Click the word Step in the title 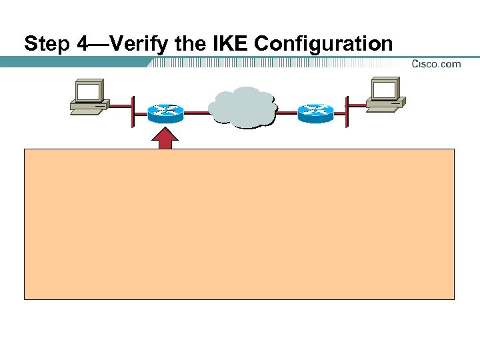click(47, 45)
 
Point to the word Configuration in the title click(323, 45)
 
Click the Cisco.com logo click(436, 64)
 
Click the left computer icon click(89, 97)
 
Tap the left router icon click(166, 113)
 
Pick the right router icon click(315, 113)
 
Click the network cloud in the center click(242, 107)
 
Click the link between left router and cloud click(196, 113)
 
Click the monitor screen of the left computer click(88, 91)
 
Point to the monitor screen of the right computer click(385, 89)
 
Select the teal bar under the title click(73, 62)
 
